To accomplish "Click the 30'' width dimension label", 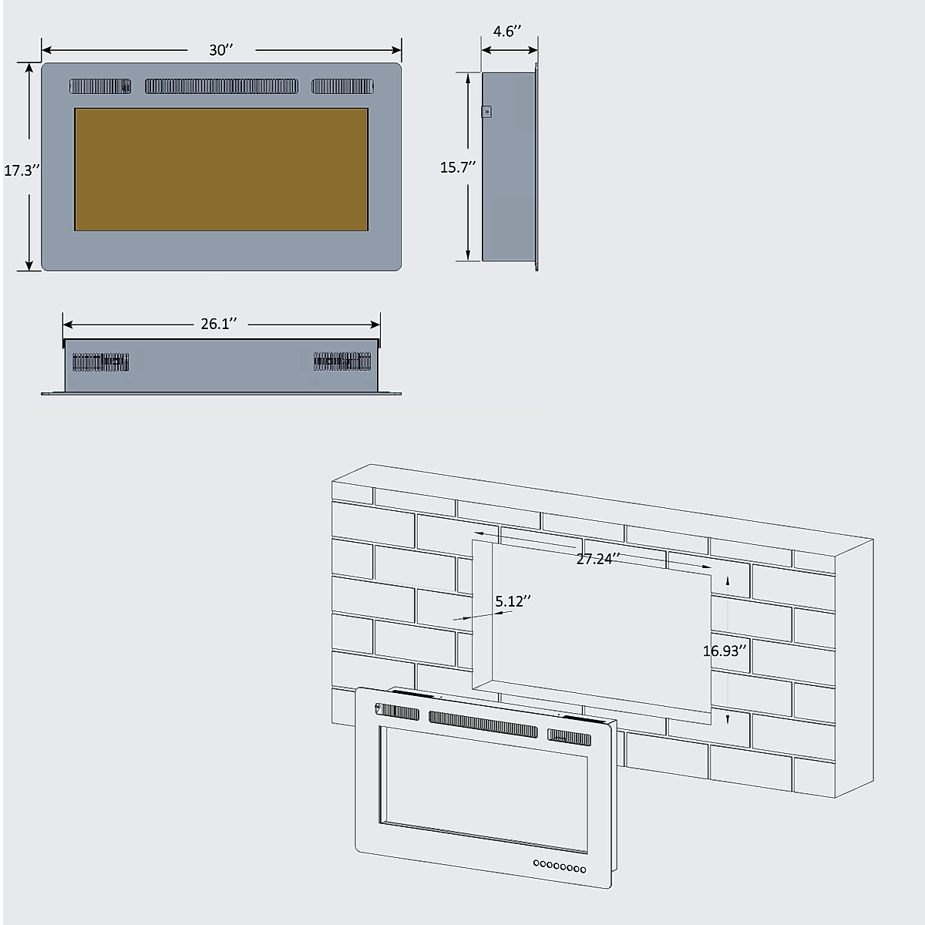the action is click(220, 50).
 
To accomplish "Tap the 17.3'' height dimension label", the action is click(21, 170).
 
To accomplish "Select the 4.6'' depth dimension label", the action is click(507, 32).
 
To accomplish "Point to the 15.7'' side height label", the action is click(458, 166).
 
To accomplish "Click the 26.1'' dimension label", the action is click(219, 324).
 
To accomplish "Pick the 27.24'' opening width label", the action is click(598, 559).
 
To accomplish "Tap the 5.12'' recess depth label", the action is click(514, 601).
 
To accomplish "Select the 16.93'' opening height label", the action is click(725, 651).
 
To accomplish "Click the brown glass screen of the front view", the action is click(221, 169).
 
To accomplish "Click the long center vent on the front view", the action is click(221, 86).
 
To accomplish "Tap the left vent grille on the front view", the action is click(101, 86).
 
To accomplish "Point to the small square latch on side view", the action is click(486, 112).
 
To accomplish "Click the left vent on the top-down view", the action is click(100, 362).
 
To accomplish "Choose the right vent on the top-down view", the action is click(342, 361).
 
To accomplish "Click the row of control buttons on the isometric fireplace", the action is click(560, 866).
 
